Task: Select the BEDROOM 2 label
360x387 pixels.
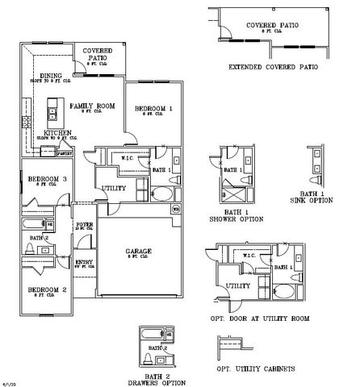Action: coord(46,288)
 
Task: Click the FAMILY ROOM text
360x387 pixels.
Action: coord(91,106)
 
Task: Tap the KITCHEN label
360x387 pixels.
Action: coord(57,132)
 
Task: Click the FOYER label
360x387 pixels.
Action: coord(84,224)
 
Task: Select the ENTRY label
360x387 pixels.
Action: coord(84,262)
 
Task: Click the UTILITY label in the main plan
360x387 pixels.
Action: coord(113,188)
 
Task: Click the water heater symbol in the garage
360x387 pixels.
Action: coord(175,208)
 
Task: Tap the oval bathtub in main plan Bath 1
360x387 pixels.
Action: coord(159,193)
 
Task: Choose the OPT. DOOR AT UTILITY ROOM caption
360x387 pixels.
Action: coord(262,318)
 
